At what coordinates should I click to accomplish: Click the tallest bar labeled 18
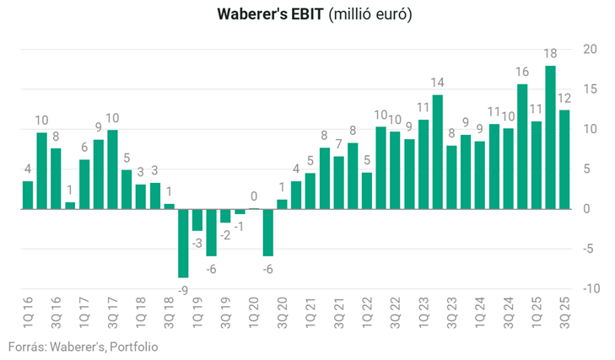pyautogui.click(x=550, y=137)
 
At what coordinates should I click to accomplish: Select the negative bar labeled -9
pyautogui.click(x=183, y=243)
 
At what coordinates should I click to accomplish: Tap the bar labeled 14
pyautogui.click(x=437, y=152)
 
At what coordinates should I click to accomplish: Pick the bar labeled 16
pyautogui.click(x=522, y=146)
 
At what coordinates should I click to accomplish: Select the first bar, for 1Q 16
pyautogui.click(x=28, y=195)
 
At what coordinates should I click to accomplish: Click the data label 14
pyautogui.click(x=437, y=83)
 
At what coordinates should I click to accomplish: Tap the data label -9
pyautogui.click(x=183, y=289)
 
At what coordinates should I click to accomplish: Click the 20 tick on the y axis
pyautogui.click(x=590, y=49)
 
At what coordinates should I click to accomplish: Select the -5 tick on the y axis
pyautogui.click(x=591, y=249)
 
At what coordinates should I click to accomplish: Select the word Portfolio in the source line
pyautogui.click(x=133, y=347)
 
